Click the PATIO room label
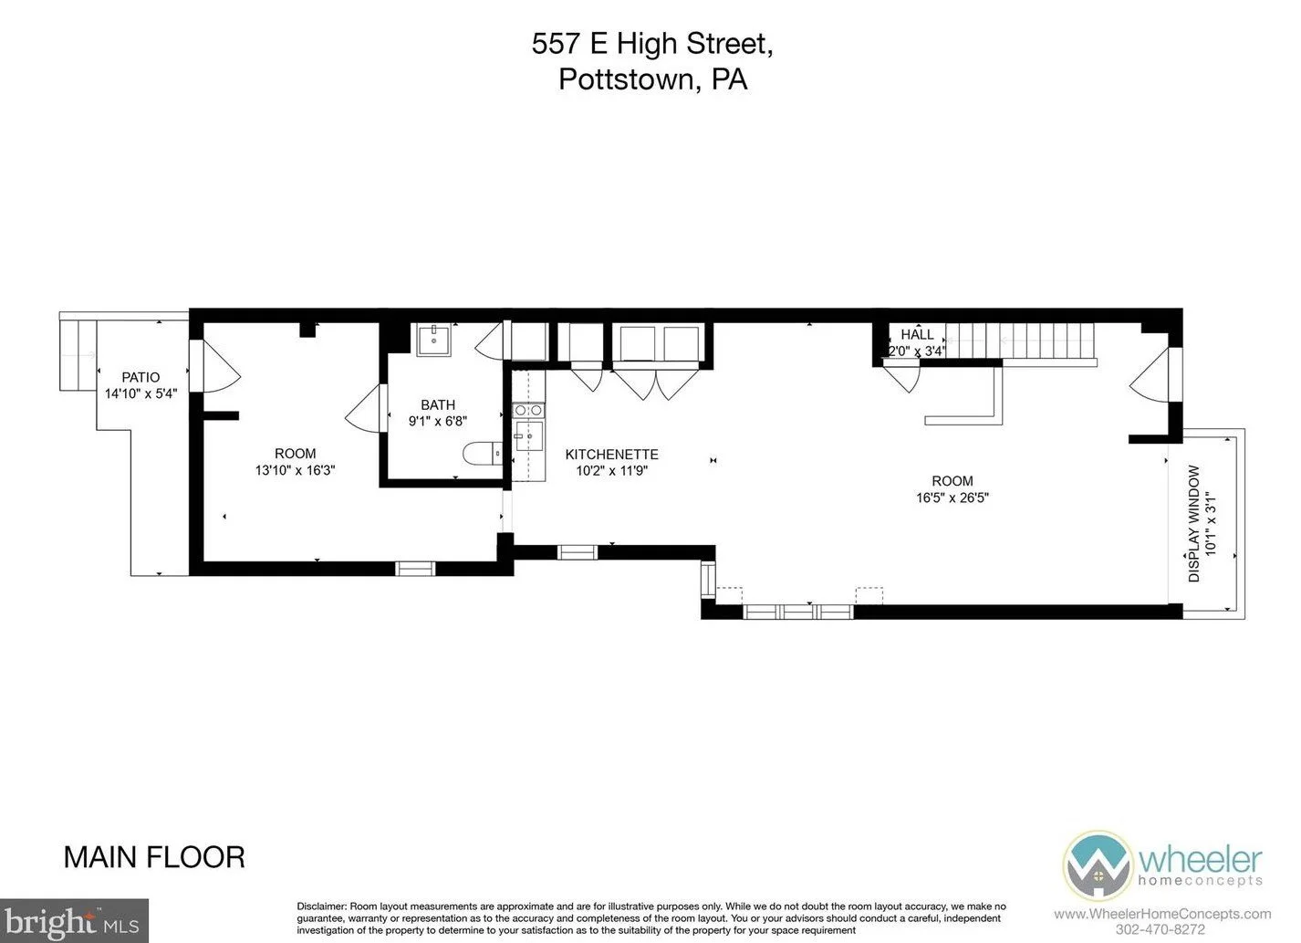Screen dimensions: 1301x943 tap(141, 377)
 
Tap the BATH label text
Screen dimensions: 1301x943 tap(438, 405)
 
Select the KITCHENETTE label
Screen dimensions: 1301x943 tap(611, 455)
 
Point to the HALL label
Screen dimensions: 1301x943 tap(917, 335)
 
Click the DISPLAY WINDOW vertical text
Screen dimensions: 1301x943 tap(1193, 523)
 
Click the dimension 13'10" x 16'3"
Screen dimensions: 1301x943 tap(295, 471)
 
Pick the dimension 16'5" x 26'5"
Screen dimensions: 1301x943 tap(952, 498)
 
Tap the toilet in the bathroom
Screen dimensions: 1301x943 tap(482, 453)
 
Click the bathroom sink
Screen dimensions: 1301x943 tap(433, 340)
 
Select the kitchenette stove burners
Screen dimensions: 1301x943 tap(528, 410)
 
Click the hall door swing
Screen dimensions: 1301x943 tap(902, 375)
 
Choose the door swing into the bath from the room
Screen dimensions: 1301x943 tap(366, 408)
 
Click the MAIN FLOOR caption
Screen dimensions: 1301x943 tap(154, 858)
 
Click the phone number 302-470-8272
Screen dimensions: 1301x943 tap(1160, 929)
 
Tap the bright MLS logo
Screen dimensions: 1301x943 tap(74, 921)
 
